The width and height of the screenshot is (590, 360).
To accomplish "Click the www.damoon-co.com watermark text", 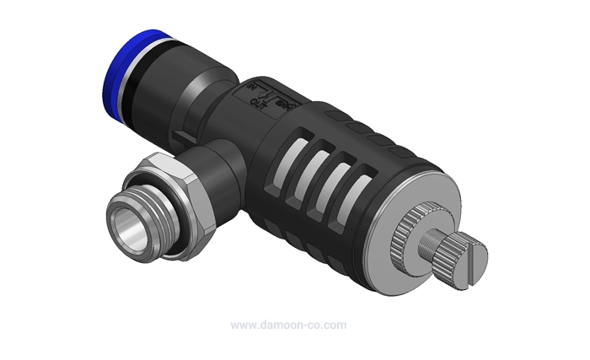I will point(287,325).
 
